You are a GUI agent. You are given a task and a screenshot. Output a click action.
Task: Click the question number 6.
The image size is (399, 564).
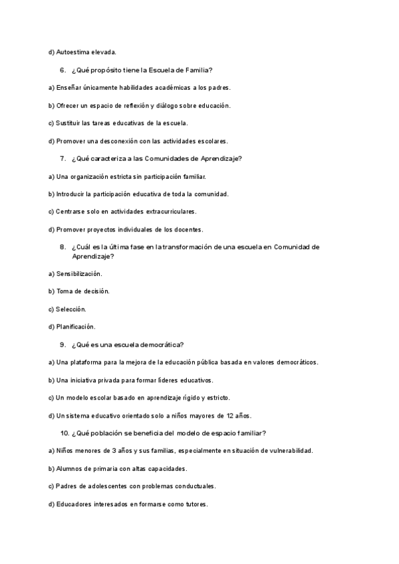pos(62,70)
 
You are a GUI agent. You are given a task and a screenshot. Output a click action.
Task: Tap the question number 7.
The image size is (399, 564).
pos(62,158)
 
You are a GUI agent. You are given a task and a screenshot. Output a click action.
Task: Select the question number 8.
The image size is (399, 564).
pos(62,247)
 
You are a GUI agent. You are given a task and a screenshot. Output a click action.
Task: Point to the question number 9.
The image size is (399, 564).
pos(62,344)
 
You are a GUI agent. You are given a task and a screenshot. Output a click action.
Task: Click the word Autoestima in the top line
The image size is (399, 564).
pos(74,52)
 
